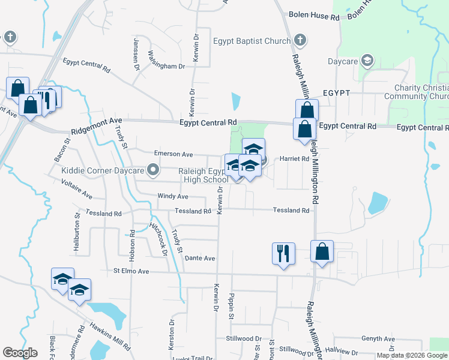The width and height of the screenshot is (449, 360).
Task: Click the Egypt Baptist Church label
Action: coord(252,41)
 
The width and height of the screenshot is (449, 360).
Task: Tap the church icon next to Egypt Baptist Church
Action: coord(301,41)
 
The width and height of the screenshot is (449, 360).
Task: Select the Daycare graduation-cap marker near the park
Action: coord(367,61)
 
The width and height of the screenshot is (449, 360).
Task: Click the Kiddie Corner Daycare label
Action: coord(103,171)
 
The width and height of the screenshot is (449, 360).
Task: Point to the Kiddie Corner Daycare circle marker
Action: coord(153,171)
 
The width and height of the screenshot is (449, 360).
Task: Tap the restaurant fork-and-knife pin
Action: coord(283,253)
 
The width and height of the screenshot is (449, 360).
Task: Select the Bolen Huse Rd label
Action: coord(314,16)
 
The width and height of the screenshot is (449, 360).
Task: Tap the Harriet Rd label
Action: coord(294,159)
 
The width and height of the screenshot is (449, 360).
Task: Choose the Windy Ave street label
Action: coord(173,196)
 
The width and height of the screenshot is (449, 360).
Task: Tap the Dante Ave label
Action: coord(200,258)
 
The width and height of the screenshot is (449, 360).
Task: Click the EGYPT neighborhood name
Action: coord(336,94)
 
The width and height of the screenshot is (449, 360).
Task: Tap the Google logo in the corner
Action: coord(20,353)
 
